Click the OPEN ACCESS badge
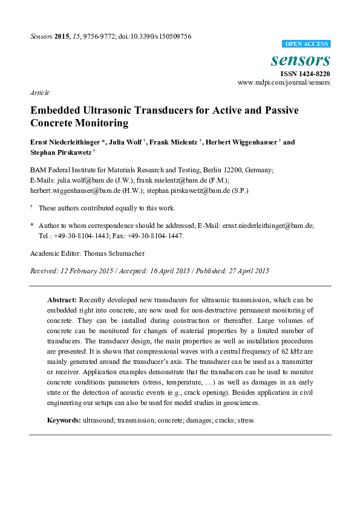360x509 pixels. point(307,44)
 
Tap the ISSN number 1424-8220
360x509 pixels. point(312,73)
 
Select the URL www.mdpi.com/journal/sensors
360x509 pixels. point(284,82)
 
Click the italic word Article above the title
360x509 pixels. point(39,92)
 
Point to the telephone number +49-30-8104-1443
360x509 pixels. point(82,235)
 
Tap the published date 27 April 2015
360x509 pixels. point(244,270)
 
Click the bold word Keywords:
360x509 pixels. point(64,420)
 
